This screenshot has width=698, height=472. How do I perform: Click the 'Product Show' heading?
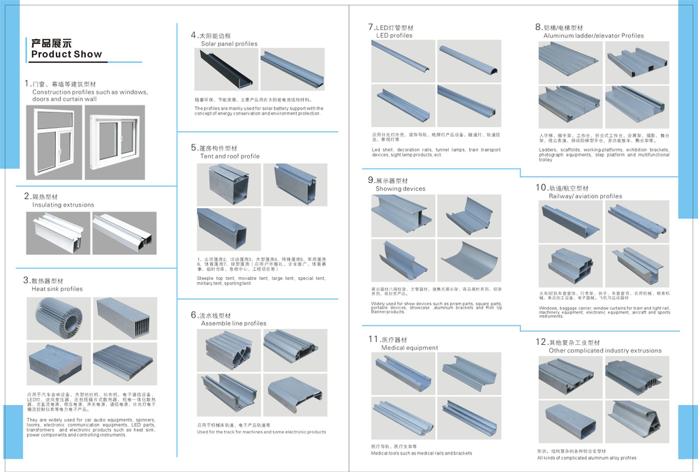coord(66,54)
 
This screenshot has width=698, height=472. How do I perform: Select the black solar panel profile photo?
coord(224,70)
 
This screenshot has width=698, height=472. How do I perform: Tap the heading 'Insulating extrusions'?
coord(63,205)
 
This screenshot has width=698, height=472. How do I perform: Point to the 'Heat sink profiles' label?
coord(57,289)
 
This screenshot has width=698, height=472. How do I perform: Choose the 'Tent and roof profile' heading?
coord(230,156)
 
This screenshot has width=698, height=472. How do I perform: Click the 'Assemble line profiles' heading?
coord(233,324)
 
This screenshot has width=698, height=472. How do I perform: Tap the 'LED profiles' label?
coord(394,36)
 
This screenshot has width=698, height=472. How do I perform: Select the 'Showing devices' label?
coord(400,189)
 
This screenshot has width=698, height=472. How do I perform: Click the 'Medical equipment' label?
coord(409,348)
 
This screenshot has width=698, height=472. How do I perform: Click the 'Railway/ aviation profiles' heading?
coord(585,197)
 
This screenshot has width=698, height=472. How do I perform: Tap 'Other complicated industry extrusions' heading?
coord(604,351)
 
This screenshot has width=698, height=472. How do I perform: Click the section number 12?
coord(540,342)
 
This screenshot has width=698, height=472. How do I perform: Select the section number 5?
coord(194,148)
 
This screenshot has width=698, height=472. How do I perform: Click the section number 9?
coord(371,180)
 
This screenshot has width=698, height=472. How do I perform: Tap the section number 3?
coord(27,280)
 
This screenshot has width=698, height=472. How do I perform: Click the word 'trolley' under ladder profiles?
coord(546,160)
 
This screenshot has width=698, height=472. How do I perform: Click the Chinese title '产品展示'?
coord(52,43)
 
